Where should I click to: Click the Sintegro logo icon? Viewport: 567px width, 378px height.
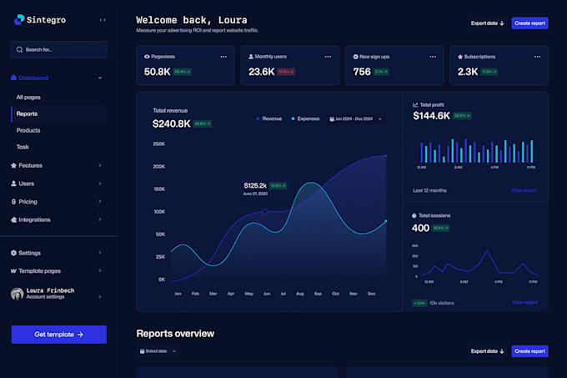pyautogui.click(x=20, y=19)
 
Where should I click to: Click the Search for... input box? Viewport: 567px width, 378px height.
pyautogui.click(x=59, y=49)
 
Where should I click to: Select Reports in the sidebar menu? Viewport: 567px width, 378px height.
pyautogui.click(x=27, y=113)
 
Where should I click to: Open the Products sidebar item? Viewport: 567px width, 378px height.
pyautogui.click(x=28, y=130)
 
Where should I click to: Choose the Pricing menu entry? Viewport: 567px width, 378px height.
pyautogui.click(x=28, y=201)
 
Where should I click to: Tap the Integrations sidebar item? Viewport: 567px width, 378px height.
pyautogui.click(x=34, y=219)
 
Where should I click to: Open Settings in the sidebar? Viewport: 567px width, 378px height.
pyautogui.click(x=29, y=253)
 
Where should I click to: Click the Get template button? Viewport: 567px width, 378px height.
pyautogui.click(x=58, y=334)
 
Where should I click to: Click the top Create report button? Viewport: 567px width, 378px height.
pyautogui.click(x=529, y=23)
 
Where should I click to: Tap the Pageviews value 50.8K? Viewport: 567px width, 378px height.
pyautogui.click(x=157, y=72)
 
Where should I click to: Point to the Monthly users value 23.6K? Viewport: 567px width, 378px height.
pyautogui.click(x=261, y=72)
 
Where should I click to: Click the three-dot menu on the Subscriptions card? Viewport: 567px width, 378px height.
pyautogui.click(x=536, y=57)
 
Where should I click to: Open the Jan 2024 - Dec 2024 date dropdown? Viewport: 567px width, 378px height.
pyautogui.click(x=357, y=118)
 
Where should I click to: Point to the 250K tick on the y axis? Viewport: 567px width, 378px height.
pyautogui.click(x=158, y=144)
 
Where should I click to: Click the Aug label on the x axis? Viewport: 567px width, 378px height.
pyautogui.click(x=300, y=294)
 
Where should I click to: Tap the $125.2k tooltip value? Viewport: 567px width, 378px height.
pyautogui.click(x=255, y=185)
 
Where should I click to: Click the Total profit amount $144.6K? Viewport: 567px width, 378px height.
pyautogui.click(x=431, y=116)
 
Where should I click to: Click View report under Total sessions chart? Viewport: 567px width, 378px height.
pyautogui.click(x=524, y=302)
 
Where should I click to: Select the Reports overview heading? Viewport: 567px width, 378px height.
pyautogui.click(x=175, y=334)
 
